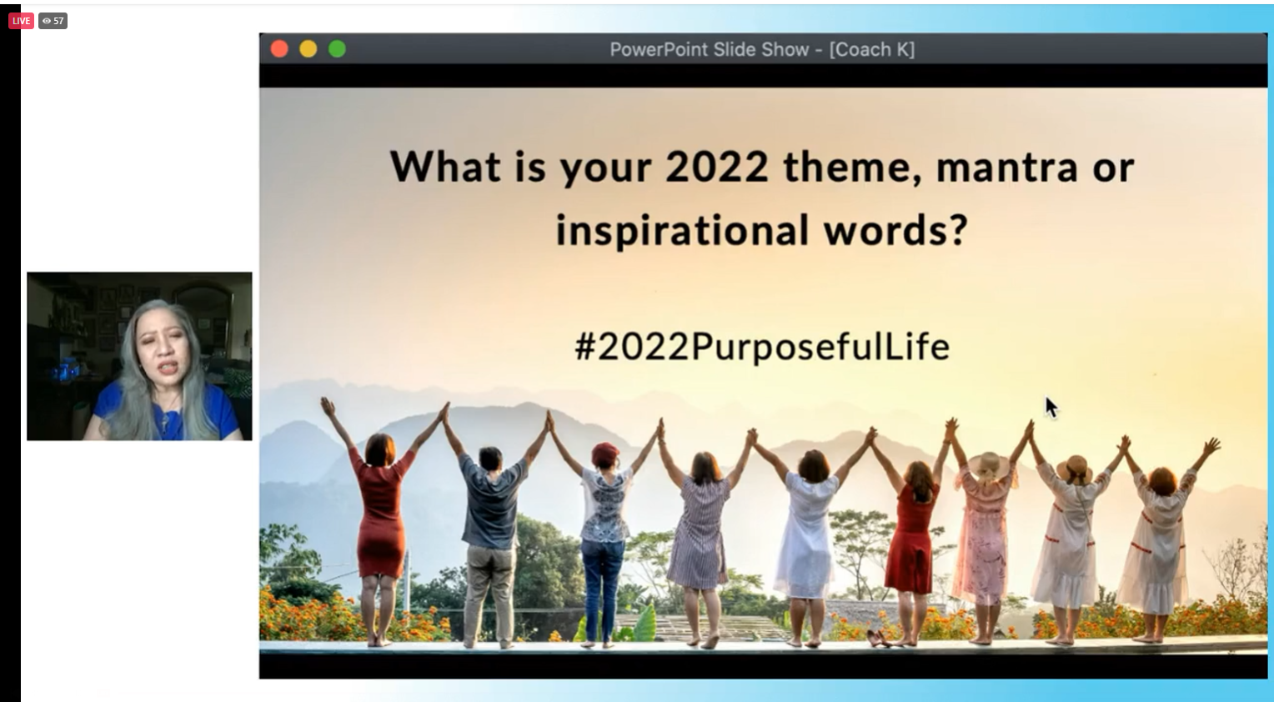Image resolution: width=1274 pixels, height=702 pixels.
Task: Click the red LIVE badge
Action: [x=21, y=21]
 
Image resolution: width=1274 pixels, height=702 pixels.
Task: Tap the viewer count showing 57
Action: [x=53, y=21]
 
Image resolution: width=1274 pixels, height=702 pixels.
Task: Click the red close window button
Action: [x=279, y=49]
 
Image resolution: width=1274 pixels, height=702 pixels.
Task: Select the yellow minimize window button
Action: [x=308, y=49]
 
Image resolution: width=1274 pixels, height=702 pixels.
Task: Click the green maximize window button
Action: [x=338, y=49]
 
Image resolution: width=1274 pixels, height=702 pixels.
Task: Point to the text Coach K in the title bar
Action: [x=872, y=49]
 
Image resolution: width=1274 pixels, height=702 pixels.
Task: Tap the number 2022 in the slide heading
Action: [x=717, y=168]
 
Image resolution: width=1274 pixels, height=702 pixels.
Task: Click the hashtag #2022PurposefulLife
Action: [x=762, y=347]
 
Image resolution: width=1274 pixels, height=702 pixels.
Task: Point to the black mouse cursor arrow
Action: [x=1051, y=408]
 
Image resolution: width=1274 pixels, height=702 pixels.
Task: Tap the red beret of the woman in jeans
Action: [x=604, y=454]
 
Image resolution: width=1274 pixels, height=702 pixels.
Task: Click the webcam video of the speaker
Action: [x=139, y=356]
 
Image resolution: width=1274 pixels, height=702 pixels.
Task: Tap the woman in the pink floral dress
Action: [x=984, y=534]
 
